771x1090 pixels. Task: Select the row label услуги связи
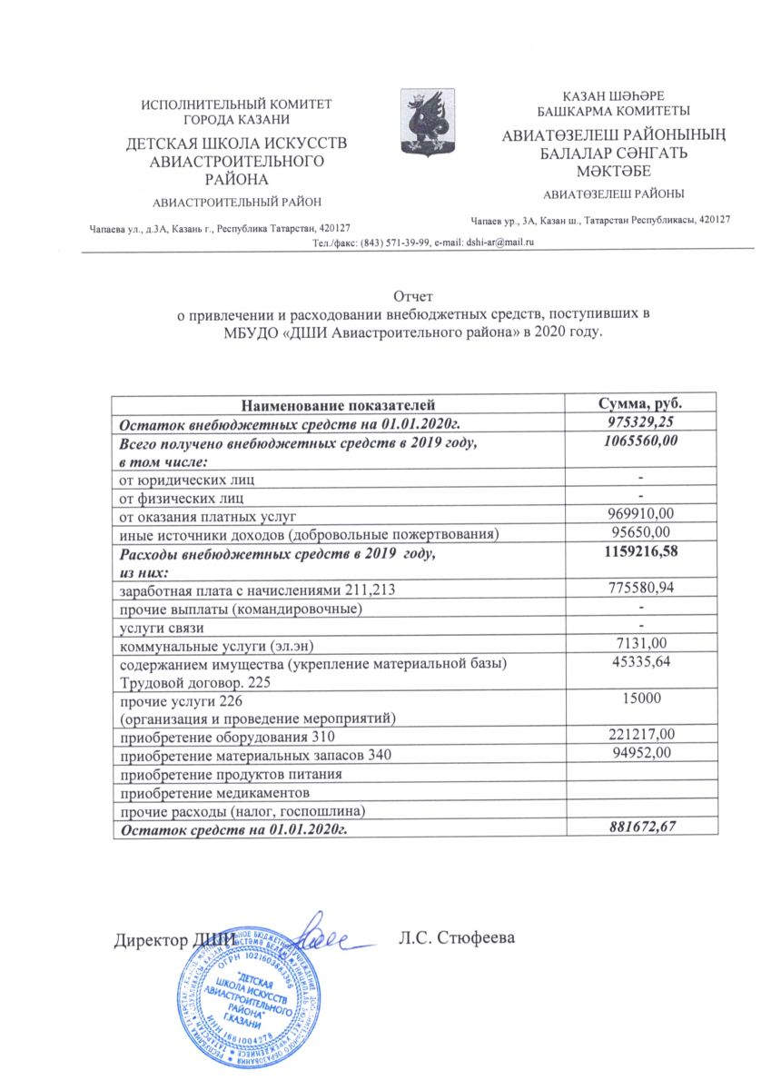pos(161,628)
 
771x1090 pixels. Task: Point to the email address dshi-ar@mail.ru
pos(499,242)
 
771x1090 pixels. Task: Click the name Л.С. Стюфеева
pos(457,936)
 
